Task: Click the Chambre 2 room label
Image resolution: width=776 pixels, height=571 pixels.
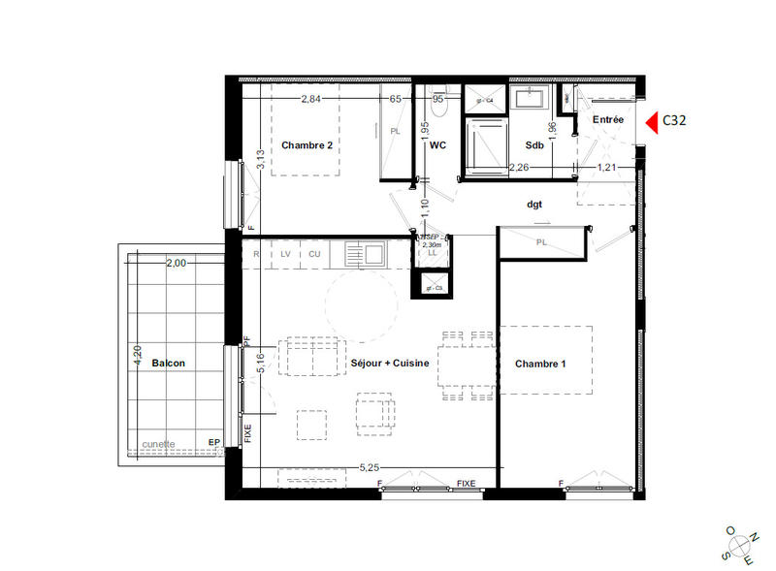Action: [307, 145]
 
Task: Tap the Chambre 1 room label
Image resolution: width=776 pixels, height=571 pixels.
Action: [540, 364]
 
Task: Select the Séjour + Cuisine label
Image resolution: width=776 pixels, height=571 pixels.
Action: [390, 364]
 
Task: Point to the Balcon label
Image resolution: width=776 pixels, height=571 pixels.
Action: [168, 364]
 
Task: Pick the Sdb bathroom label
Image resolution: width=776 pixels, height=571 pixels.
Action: [534, 145]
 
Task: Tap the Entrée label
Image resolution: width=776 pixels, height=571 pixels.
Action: [608, 119]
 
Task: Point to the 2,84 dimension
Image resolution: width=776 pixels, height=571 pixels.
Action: [310, 99]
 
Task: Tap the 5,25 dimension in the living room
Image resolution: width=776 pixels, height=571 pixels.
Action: [369, 467]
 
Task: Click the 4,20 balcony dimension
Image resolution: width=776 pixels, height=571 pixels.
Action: [137, 355]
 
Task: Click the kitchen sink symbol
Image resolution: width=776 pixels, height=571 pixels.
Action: [367, 254]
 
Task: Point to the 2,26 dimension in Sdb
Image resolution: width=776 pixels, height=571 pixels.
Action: [519, 167]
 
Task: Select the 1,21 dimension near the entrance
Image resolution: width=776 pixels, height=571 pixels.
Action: [606, 167]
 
